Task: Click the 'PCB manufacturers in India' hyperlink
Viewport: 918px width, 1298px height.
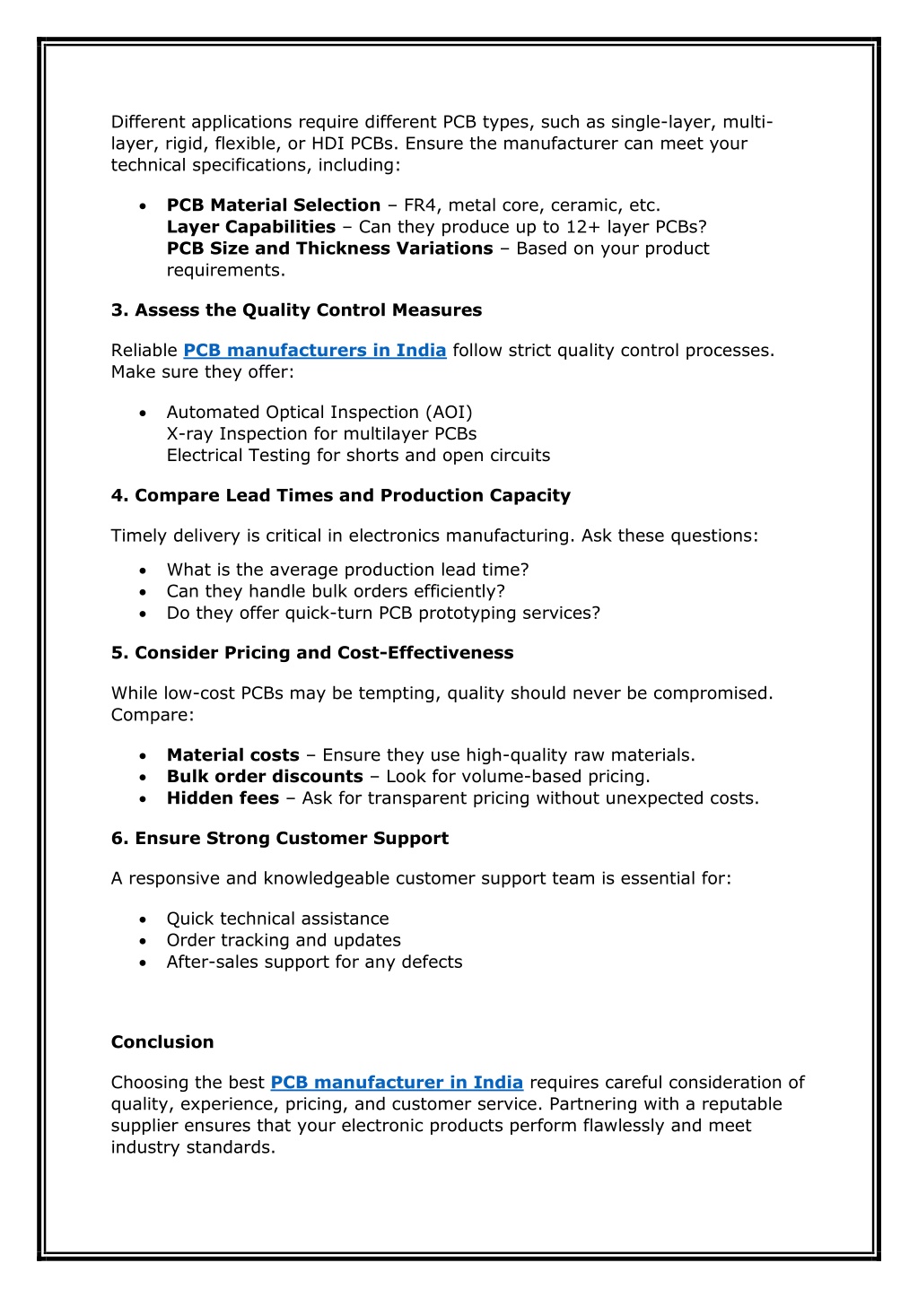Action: pos(314,351)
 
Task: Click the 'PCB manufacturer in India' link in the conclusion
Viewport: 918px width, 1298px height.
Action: pos(397,1083)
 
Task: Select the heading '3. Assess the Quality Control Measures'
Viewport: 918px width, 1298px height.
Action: pos(296,310)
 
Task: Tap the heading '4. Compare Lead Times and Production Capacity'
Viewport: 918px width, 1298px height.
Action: pos(340,496)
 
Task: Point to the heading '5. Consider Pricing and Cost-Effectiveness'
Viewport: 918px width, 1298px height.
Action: pos(312,653)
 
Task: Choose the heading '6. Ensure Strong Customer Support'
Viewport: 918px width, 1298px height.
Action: pos(279,839)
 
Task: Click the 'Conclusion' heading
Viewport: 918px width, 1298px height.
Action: pos(162,1042)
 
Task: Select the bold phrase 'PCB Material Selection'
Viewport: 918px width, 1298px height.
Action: pos(274,205)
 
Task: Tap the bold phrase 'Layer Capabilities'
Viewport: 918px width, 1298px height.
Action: pos(251,227)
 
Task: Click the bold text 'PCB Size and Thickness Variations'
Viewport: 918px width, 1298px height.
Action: pos(329,248)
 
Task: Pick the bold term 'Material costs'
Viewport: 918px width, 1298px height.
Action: pos(232,755)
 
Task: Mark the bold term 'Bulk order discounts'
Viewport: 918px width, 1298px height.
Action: pos(265,777)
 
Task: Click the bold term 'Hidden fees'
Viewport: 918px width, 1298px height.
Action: pos(223,798)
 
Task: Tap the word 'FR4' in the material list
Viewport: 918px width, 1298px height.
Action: pos(422,205)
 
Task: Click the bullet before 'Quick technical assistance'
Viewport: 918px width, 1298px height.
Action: pos(144,919)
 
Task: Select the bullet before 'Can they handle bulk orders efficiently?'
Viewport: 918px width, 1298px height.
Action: pos(144,592)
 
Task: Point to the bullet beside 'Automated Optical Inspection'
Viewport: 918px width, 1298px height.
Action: pos(144,413)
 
